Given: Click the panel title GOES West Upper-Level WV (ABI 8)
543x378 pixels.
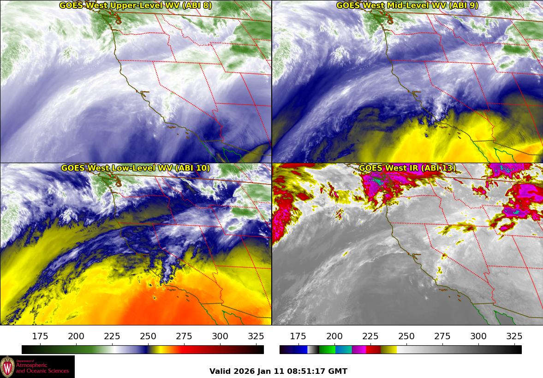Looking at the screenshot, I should click(x=135, y=6).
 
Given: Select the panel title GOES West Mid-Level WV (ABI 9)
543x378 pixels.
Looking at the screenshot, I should click(x=407, y=6).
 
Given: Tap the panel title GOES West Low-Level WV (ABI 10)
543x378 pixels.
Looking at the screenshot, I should click(x=135, y=168).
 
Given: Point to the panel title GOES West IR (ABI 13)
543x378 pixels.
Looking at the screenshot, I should click(x=407, y=168).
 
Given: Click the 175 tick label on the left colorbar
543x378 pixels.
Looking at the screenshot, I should click(x=41, y=336).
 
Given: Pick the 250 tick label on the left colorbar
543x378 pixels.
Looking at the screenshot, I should click(x=148, y=336).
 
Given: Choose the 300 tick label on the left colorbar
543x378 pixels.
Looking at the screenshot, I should click(x=221, y=336).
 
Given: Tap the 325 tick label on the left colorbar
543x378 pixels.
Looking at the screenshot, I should click(x=256, y=336).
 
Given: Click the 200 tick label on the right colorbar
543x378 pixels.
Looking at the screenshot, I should click(x=334, y=336).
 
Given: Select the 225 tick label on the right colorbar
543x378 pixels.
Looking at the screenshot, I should click(x=370, y=336).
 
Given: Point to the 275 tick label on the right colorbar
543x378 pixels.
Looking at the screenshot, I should click(x=442, y=336).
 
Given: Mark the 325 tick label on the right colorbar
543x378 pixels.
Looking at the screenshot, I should click(x=514, y=336).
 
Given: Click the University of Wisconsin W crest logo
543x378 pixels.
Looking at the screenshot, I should click(x=7, y=367).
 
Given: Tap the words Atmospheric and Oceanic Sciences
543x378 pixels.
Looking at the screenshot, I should click(x=42, y=368).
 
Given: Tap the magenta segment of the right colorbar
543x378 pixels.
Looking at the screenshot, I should click(x=359, y=350).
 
